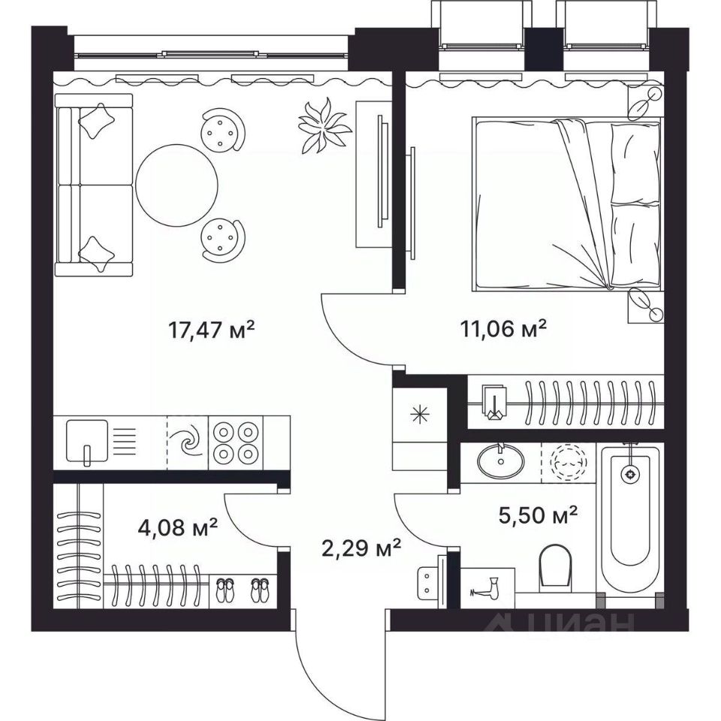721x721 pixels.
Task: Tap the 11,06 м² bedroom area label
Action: (x=503, y=328)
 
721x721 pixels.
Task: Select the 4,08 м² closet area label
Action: (x=177, y=527)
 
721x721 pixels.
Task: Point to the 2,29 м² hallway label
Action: (x=361, y=548)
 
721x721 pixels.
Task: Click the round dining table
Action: (x=177, y=185)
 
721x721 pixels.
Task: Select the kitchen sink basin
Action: (x=87, y=441)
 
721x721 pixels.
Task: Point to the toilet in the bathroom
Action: (x=555, y=566)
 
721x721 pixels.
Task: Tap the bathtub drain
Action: (x=629, y=473)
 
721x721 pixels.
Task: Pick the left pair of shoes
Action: (x=225, y=590)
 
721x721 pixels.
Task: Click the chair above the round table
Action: (x=223, y=130)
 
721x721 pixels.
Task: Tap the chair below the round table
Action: (x=223, y=240)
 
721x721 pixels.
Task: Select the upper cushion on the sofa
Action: (x=97, y=120)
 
